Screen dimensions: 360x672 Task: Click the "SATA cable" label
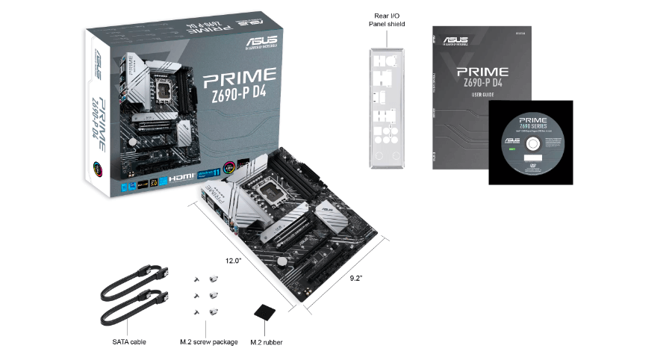(124, 342)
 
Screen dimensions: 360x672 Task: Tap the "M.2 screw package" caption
(209, 342)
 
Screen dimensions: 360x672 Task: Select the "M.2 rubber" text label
(266, 342)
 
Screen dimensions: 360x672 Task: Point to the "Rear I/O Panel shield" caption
(387, 19)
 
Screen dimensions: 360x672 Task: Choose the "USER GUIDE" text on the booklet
(482, 95)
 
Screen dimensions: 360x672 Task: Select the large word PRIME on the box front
(240, 76)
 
